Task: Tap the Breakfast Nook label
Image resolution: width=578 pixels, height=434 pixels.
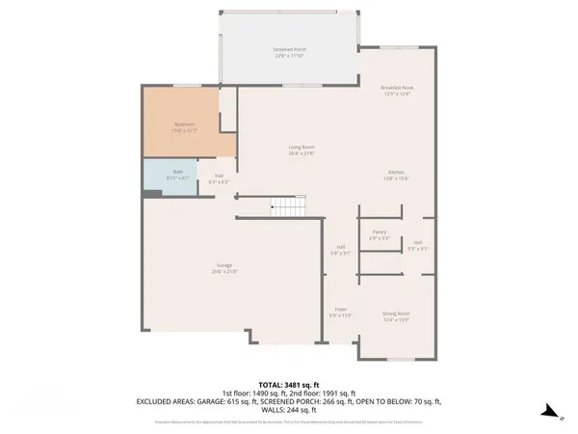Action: (396, 88)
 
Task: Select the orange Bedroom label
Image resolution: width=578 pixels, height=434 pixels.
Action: (185, 124)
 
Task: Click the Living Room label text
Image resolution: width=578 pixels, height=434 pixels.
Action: (302, 147)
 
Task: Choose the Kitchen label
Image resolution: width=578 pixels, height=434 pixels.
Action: (396, 173)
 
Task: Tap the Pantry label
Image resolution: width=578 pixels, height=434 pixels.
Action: (380, 232)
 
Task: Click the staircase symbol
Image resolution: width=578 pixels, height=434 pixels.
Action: (287, 205)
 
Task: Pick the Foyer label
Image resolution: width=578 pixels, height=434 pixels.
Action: (341, 310)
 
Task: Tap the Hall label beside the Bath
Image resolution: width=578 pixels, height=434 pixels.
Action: (220, 176)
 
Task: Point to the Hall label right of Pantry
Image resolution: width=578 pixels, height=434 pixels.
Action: (418, 242)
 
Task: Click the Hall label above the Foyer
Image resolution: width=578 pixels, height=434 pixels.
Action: (341, 247)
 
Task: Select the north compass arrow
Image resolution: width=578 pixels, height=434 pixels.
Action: (545, 411)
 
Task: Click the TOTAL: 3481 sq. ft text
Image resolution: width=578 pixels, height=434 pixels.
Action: (289, 385)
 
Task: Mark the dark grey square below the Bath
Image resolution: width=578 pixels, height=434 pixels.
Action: (149, 194)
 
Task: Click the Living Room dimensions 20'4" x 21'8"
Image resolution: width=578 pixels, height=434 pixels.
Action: (302, 153)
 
